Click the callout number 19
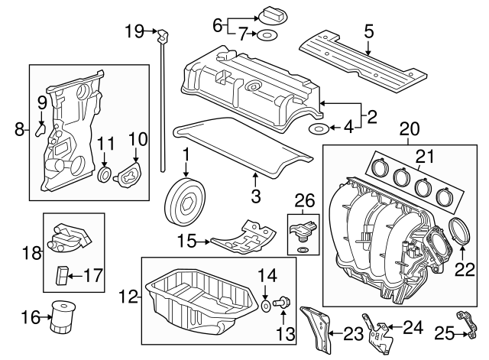134,31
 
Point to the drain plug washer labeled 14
264,306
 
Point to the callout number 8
19,130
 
